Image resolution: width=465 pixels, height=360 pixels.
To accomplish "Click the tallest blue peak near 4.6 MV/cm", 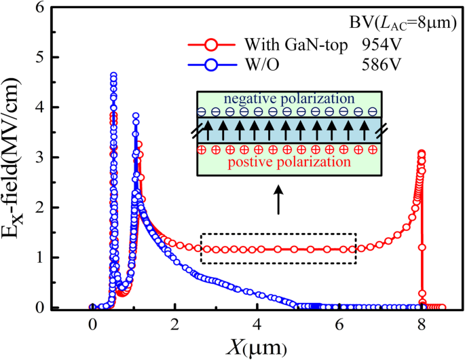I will (113, 76).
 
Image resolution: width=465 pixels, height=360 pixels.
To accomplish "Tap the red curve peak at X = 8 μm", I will (422, 154).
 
